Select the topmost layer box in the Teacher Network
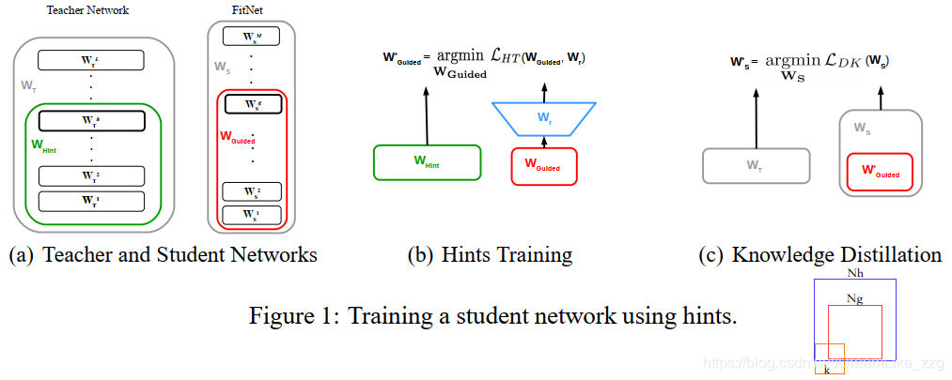tap(91, 61)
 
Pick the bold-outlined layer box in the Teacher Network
tap(91, 120)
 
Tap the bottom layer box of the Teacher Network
tap(91, 201)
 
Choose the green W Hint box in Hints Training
tap(428, 161)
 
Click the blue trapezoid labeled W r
tap(546, 117)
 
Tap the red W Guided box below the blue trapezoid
tap(543, 166)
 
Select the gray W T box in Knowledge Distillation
tap(756, 165)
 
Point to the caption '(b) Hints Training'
tap(489, 255)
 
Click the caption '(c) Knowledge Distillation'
tap(821, 255)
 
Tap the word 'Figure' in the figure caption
tap(282, 316)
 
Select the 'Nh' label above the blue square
tap(854, 273)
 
